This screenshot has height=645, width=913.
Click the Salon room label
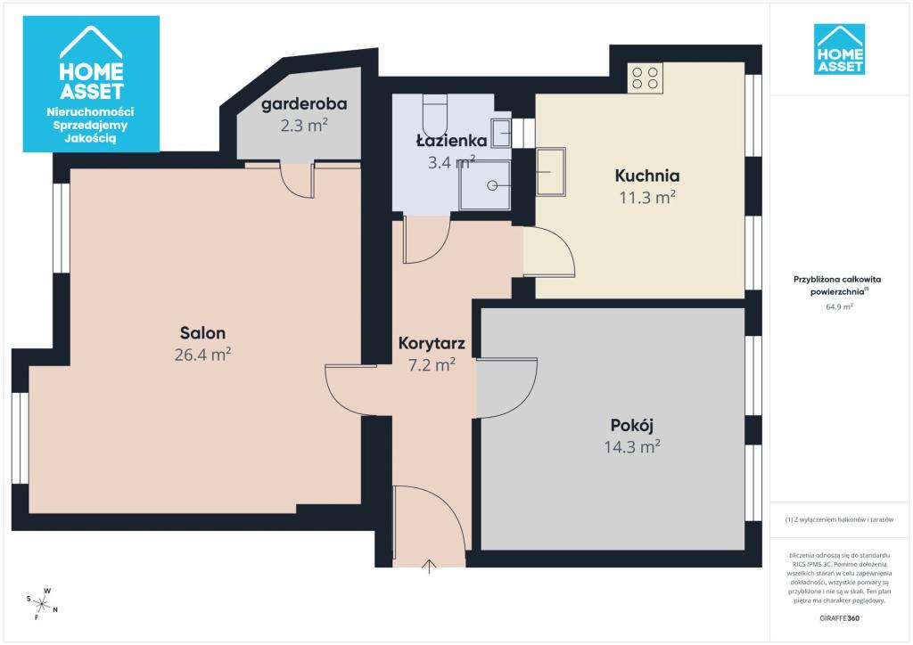click(202, 333)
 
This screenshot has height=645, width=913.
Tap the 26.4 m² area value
click(202, 355)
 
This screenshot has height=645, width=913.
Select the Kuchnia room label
click(647, 176)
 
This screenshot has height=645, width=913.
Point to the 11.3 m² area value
click(647, 197)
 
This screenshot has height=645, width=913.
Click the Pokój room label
click(632, 425)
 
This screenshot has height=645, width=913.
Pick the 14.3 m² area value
click(632, 446)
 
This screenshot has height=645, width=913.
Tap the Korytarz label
click(432, 344)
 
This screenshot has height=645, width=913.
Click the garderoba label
click(304, 105)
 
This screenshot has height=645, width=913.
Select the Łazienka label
click(451, 140)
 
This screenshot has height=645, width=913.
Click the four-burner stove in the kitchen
click(646, 78)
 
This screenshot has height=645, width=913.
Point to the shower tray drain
click(492, 185)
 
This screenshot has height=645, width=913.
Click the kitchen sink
click(550, 172)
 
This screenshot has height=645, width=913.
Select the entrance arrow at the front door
click(429, 567)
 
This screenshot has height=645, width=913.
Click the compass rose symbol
click(42, 604)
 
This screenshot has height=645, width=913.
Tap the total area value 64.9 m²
click(839, 306)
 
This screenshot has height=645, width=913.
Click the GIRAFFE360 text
click(839, 618)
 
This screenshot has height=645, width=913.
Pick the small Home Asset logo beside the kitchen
click(839, 49)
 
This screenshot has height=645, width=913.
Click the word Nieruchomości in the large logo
click(90, 111)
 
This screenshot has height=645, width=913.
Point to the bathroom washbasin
click(501, 134)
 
